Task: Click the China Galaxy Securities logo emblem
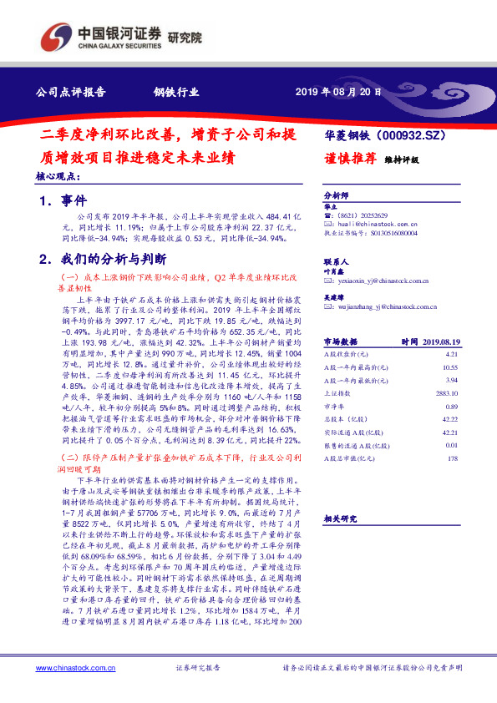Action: pyautogui.click(x=56, y=36)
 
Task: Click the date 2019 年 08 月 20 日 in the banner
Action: pyautogui.click(x=338, y=92)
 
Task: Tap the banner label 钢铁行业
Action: pyautogui.click(x=175, y=92)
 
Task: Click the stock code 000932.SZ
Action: pyautogui.click(x=410, y=134)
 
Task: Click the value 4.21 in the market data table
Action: pyautogui.click(x=451, y=355)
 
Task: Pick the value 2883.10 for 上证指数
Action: pyautogui.click(x=447, y=392)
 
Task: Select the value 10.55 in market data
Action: pyautogui.click(x=450, y=367)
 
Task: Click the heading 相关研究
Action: pyautogui.click(x=341, y=518)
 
